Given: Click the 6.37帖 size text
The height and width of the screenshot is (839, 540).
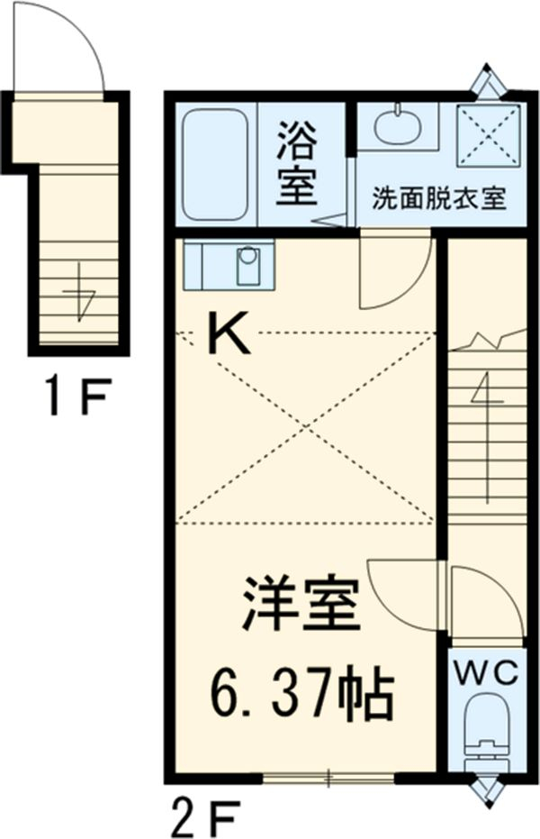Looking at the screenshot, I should (x=303, y=693).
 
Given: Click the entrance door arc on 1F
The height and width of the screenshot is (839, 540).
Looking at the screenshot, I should (x=67, y=50).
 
